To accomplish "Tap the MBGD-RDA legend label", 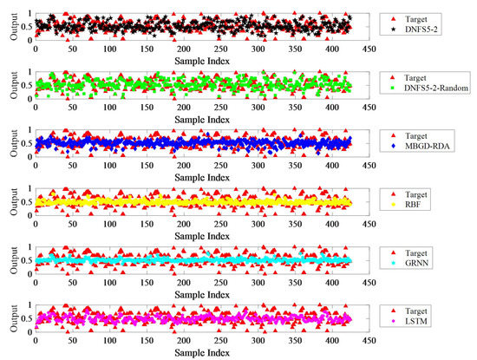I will pos(434,147).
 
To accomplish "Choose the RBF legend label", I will pos(422,205).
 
